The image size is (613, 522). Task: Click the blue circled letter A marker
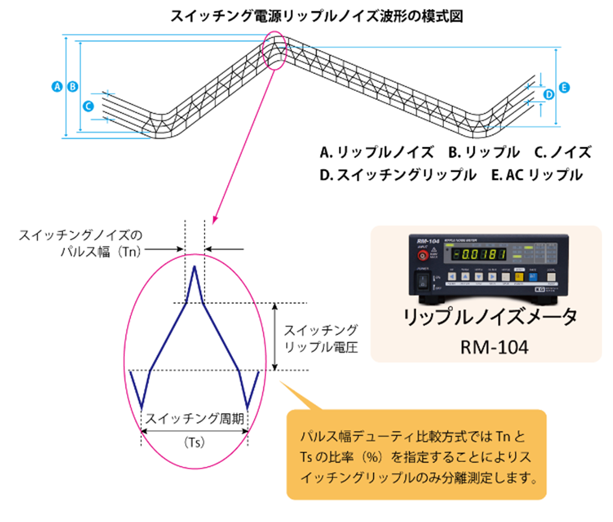(x=58, y=87)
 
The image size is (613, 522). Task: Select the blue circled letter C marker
(x=88, y=106)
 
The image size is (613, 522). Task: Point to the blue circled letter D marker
(x=549, y=94)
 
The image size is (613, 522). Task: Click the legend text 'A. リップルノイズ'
(x=377, y=152)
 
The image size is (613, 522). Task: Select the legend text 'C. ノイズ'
(x=563, y=152)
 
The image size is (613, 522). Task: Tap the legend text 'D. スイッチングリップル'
(x=398, y=175)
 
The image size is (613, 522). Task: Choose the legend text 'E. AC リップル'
(x=537, y=175)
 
